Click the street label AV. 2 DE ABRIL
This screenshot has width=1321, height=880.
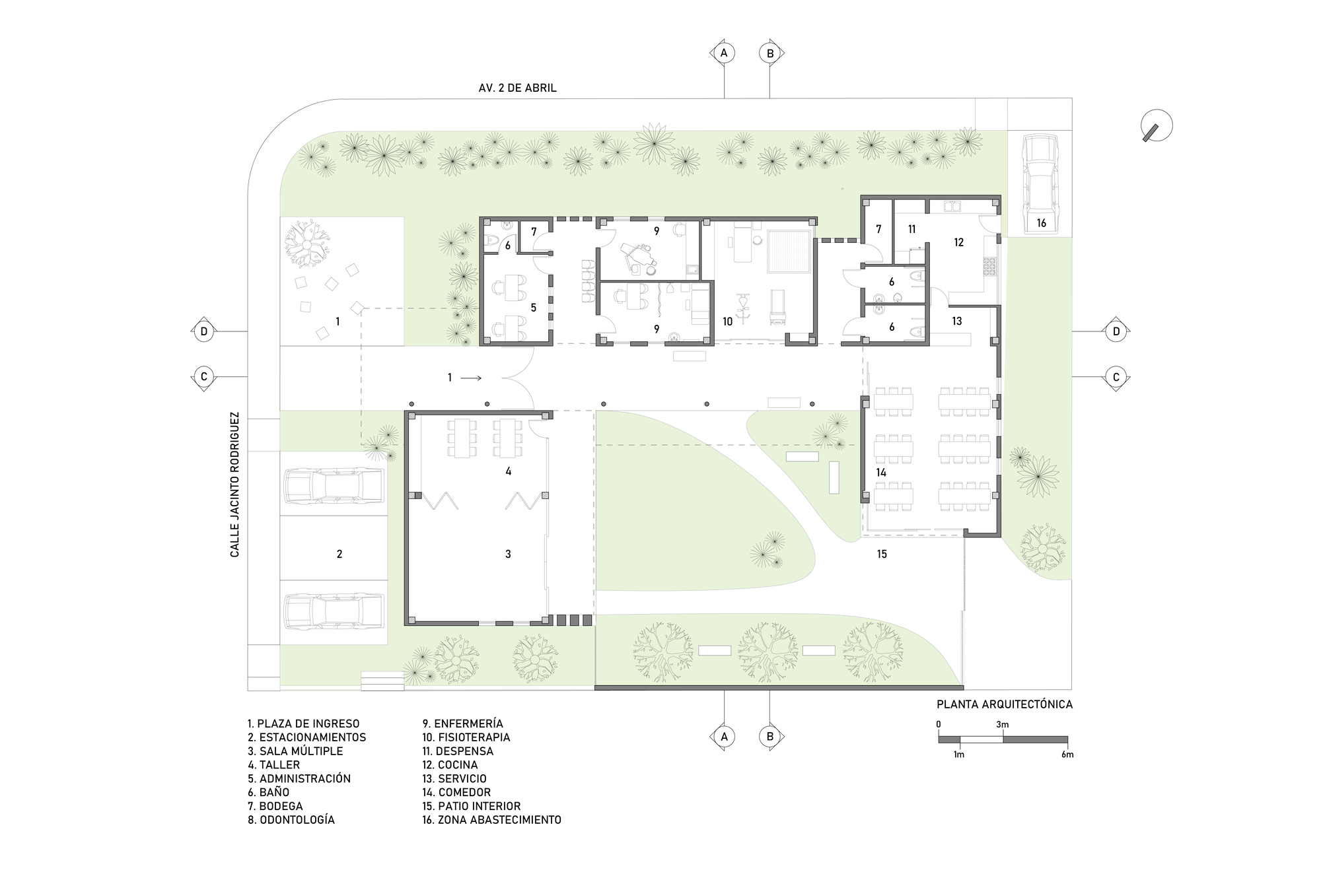click(x=518, y=88)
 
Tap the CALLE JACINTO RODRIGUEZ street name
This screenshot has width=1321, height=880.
click(x=235, y=485)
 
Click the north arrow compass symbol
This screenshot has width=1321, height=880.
click(x=1157, y=125)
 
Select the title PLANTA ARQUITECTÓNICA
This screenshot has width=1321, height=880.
click(x=1005, y=704)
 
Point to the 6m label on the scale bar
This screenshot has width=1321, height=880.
click(x=1067, y=755)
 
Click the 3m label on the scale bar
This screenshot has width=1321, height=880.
click(x=1003, y=725)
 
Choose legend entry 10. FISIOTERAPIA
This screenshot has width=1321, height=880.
click(x=466, y=737)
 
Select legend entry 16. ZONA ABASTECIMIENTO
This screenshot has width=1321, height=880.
click(x=492, y=820)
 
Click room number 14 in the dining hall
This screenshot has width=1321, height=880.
click(x=881, y=473)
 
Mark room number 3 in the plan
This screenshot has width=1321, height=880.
click(x=508, y=555)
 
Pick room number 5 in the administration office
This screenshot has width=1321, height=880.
click(x=534, y=308)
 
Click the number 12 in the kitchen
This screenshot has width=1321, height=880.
click(x=959, y=242)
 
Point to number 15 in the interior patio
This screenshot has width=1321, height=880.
click(x=882, y=554)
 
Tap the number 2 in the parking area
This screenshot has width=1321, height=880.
click(x=339, y=555)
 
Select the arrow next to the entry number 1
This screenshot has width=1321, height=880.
click(x=471, y=378)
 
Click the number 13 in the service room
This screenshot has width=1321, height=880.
click(x=957, y=322)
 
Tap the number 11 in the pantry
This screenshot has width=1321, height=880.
click(x=911, y=230)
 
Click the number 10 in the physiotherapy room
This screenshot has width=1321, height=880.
click(x=727, y=322)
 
